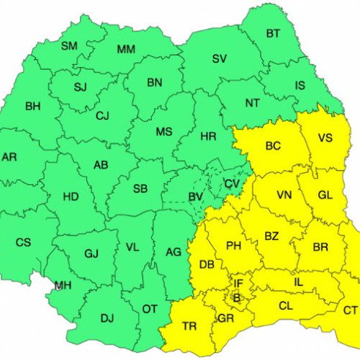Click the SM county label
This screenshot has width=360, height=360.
[69, 46]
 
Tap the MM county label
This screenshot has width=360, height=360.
[126, 49]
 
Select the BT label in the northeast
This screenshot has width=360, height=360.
[273, 33]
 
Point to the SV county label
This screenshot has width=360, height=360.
[219, 59]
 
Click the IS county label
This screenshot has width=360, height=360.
[300, 85]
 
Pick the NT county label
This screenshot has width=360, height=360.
[252, 103]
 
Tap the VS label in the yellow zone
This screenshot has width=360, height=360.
[325, 138]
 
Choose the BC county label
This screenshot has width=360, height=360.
[273, 146]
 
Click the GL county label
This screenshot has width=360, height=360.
[325, 194]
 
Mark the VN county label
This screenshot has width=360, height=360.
[284, 194]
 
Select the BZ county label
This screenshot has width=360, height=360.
[271, 235]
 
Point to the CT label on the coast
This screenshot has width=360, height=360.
[350, 310]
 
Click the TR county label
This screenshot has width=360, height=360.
[189, 326]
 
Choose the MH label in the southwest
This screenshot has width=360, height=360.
[63, 285]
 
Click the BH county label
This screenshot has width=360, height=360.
[33, 107]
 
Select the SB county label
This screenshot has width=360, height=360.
[140, 189]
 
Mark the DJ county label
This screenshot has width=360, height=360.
[107, 317]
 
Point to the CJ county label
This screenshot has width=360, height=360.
[102, 115]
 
